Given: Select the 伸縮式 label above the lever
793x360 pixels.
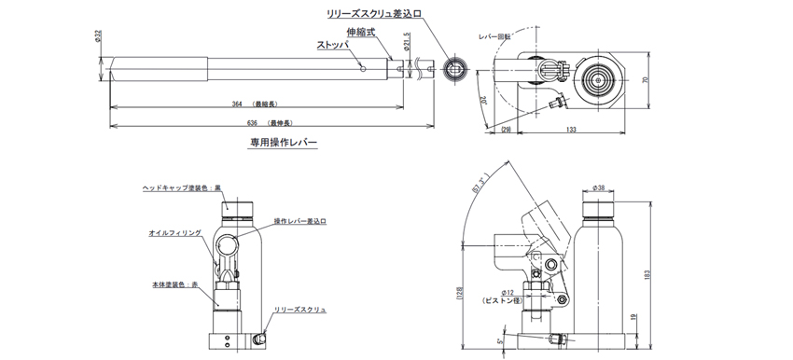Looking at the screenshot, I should (x=359, y=31).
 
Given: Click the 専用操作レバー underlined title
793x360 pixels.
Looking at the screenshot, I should (x=283, y=144).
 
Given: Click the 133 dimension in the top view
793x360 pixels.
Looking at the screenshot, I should (x=569, y=131).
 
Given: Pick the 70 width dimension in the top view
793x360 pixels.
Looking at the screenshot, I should (x=644, y=79).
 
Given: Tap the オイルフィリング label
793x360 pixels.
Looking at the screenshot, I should (x=174, y=234).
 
